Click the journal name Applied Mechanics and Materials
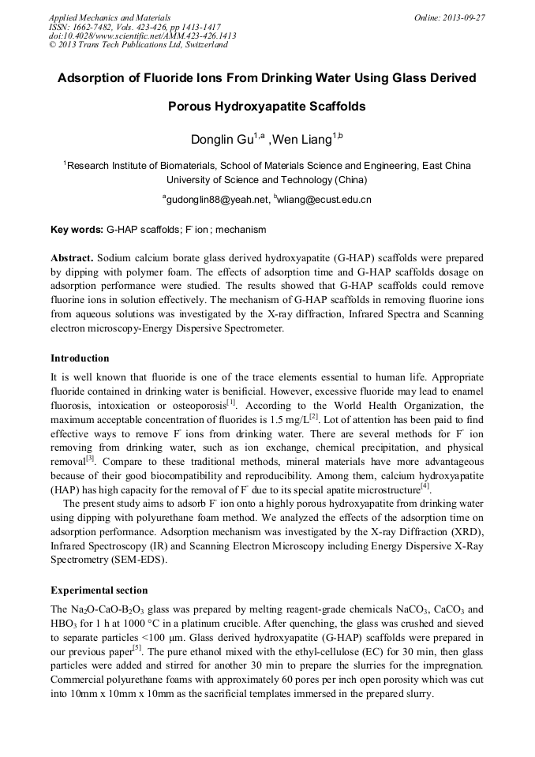pos(110,17)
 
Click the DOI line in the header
pos(142,36)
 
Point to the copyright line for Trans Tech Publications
pos(138,45)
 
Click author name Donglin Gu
pos(223,141)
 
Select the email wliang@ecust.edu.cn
pos(324,200)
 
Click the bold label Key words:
pos(77,230)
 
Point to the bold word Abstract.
pos(72,258)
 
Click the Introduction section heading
pos(80,358)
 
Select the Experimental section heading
pos(99,590)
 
